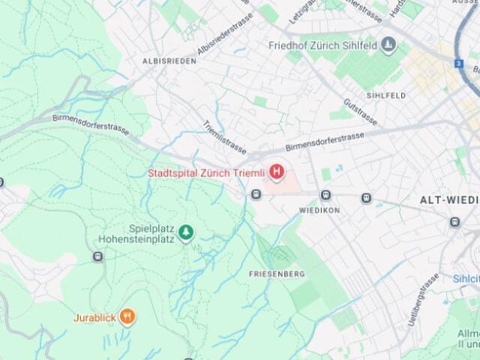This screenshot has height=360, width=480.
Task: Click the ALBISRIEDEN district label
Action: (x=169, y=61)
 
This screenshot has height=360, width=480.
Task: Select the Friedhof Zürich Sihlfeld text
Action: (x=322, y=45)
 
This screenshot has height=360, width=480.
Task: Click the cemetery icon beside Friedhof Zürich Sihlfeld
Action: (x=388, y=46)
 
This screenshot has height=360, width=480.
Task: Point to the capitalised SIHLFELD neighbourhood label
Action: (x=386, y=96)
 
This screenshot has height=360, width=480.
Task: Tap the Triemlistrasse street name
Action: (x=224, y=136)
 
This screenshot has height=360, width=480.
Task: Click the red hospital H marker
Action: (x=277, y=173)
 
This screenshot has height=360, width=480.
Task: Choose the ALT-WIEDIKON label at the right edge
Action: (x=451, y=200)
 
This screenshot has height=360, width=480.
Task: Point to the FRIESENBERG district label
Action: (x=277, y=274)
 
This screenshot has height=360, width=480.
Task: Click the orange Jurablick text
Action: (x=94, y=317)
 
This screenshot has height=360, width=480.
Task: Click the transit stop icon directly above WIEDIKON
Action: (x=325, y=196)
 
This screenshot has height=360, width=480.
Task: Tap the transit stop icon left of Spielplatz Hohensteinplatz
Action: (x=97, y=256)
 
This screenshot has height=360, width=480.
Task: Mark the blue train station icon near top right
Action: (x=457, y=64)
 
